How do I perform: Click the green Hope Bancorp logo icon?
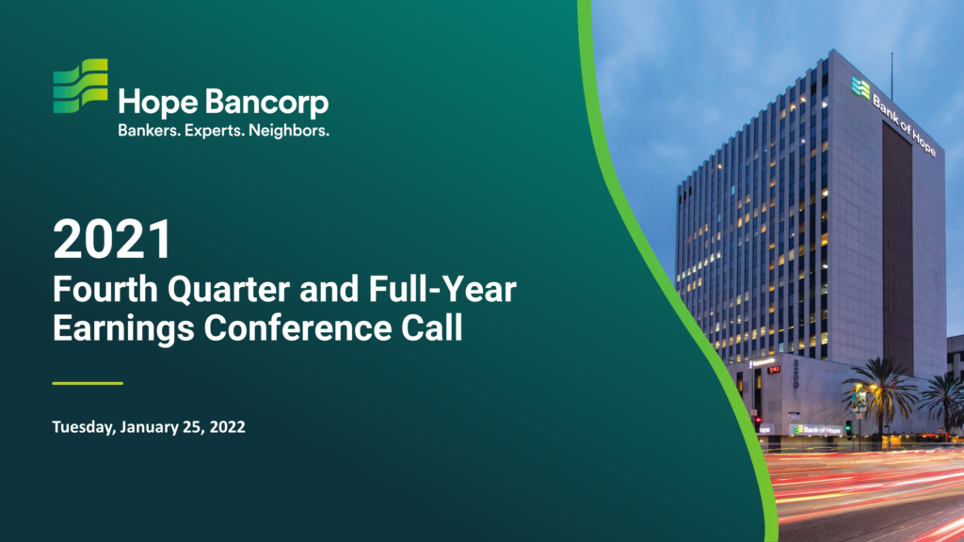coord(81,86)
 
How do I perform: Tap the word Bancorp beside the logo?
coord(266,103)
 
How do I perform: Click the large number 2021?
coord(112,240)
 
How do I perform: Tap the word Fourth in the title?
coord(105,289)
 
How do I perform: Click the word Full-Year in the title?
coord(442,290)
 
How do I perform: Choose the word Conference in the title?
coord(297,327)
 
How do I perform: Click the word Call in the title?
coord(431,327)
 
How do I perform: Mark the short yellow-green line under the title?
coord(88,384)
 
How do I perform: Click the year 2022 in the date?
coord(228,426)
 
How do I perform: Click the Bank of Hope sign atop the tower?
coord(894,116)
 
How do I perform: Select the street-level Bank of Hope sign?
coord(816,429)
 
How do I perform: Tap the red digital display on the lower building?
coord(774,369)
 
